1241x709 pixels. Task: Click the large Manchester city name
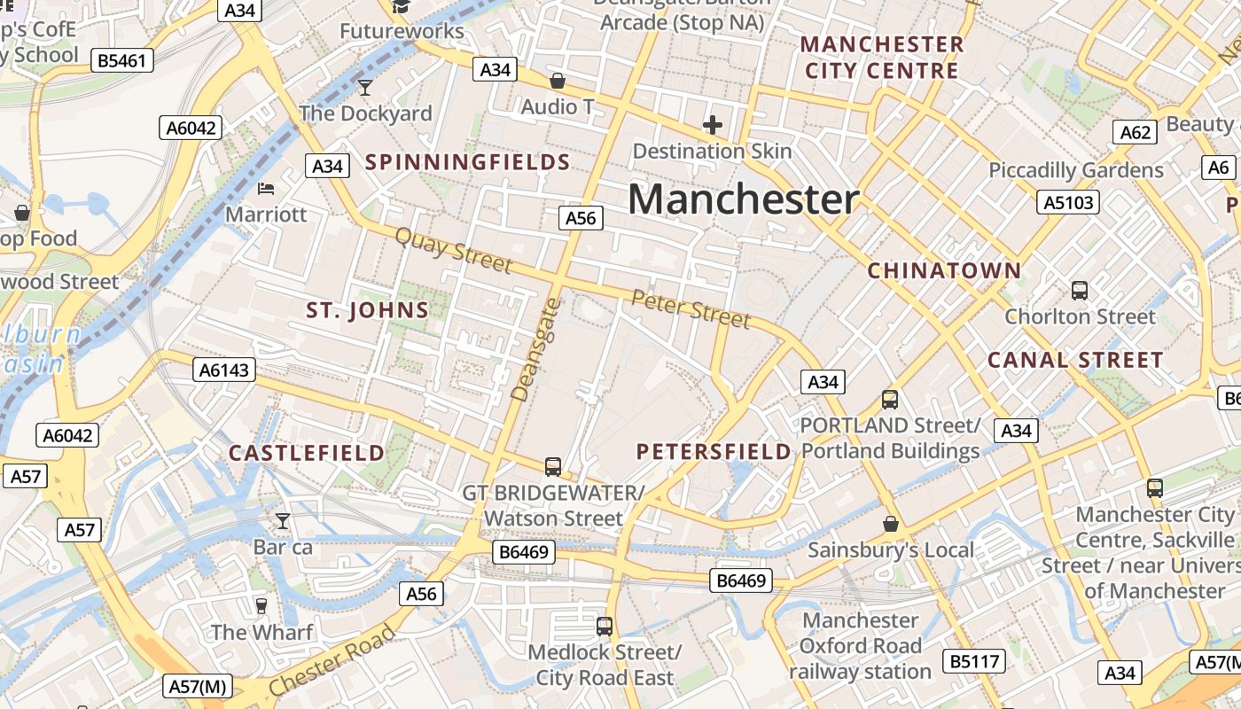click(x=743, y=199)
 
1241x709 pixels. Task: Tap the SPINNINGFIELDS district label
click(x=467, y=162)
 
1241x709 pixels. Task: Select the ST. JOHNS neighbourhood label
click(x=367, y=310)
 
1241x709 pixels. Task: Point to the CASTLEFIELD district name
click(x=307, y=453)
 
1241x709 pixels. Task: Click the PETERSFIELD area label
click(x=714, y=452)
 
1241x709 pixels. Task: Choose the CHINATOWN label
click(x=944, y=271)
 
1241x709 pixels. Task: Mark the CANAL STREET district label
click(x=1074, y=360)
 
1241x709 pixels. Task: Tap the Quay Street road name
click(x=453, y=250)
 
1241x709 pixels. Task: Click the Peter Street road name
click(x=691, y=308)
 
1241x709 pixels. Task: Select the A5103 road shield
click(x=1068, y=202)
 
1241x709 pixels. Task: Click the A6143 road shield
click(x=224, y=370)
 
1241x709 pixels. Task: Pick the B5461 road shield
click(x=123, y=60)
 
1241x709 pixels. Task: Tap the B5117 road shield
click(x=974, y=661)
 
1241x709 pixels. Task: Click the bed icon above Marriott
click(x=266, y=188)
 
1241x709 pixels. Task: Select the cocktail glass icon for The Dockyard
click(x=364, y=87)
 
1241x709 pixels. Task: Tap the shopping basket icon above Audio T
click(x=558, y=81)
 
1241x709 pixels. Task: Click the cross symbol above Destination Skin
click(x=712, y=125)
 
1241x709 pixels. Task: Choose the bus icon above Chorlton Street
click(x=1079, y=290)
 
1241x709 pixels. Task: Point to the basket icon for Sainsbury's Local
click(x=890, y=524)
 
